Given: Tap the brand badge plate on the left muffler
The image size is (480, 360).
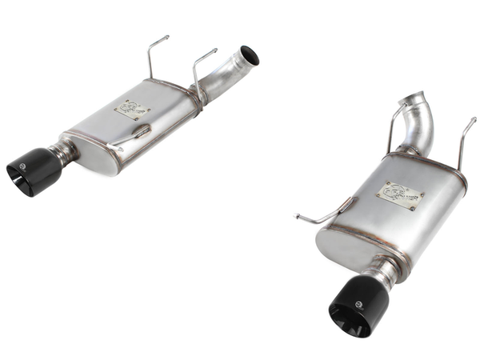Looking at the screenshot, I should (x=131, y=109).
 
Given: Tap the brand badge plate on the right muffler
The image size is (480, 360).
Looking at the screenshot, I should (x=399, y=196).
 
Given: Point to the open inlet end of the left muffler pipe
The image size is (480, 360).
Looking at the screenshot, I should (x=250, y=55).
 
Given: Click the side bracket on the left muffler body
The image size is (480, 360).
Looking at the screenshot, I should (x=133, y=136).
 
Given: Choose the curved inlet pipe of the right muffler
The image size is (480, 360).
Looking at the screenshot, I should (x=422, y=124).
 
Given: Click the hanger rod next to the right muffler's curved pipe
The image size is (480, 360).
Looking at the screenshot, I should (x=393, y=128).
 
